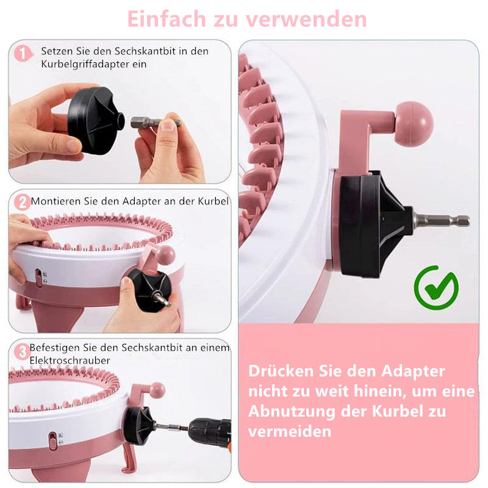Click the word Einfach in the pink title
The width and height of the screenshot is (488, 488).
click(x=167, y=19)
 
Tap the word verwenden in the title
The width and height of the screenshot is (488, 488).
click(x=306, y=20)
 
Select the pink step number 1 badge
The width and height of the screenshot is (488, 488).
click(x=23, y=54)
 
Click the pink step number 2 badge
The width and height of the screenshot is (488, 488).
click(x=22, y=203)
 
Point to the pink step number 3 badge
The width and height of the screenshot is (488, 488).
click(x=22, y=352)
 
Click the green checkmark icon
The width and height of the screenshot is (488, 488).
click(x=436, y=287)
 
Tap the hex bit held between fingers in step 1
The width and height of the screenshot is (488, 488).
click(x=156, y=123)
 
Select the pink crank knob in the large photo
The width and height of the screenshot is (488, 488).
click(x=414, y=124)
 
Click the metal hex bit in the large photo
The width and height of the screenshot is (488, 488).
click(x=441, y=221)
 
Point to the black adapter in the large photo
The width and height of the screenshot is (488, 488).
click(x=376, y=224)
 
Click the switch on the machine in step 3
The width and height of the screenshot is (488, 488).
click(x=53, y=440)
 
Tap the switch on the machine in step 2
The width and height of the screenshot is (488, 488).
click(x=38, y=278)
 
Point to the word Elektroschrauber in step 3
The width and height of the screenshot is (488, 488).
click(x=70, y=361)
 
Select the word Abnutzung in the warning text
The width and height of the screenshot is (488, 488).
click(x=292, y=411)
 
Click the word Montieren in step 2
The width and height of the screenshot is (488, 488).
click(x=56, y=201)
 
